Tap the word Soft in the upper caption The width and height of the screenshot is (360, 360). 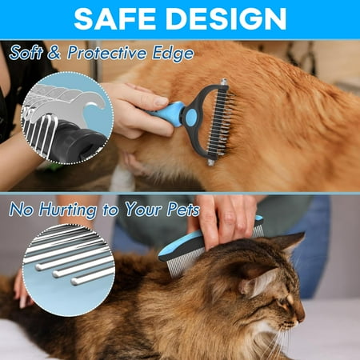tap(26, 52)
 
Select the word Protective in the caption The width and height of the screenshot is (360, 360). tap(107, 53)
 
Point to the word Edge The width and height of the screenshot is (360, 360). tap(173, 54)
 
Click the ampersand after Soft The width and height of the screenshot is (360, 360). tap(54, 53)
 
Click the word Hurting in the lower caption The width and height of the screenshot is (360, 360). tap(68, 209)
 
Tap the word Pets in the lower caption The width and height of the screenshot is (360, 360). tap(183, 210)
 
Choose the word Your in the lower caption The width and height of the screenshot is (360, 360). tap(144, 209)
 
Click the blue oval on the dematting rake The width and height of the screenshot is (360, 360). tap(191, 117)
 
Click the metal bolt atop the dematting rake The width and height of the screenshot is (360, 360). tap(223, 82)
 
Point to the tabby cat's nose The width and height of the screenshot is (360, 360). tap(302, 317)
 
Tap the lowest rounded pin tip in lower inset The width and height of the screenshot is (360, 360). tap(75, 282)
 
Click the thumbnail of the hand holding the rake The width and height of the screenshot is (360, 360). tap(162, 101)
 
